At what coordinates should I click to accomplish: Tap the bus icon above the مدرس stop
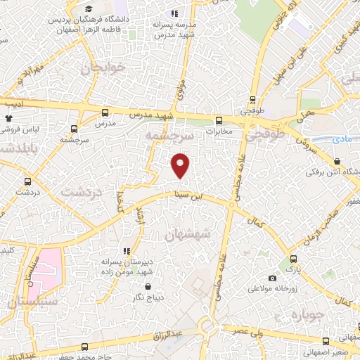pyautogui.click(x=105, y=112)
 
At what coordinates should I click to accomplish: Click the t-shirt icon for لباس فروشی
pyautogui.click(x=8, y=119)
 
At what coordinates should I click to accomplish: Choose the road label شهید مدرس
pyautogui.click(x=155, y=115)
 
